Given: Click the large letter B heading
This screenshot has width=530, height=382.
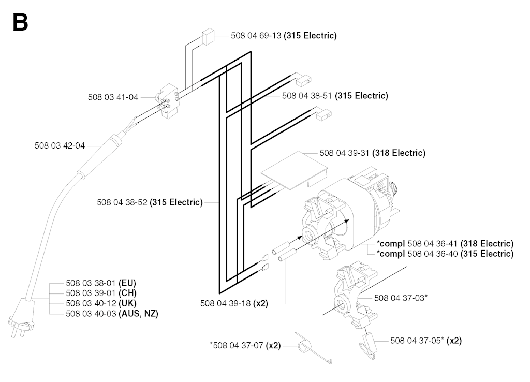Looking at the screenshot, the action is click(20, 22).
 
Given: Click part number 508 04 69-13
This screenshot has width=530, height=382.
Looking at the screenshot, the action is click(256, 36).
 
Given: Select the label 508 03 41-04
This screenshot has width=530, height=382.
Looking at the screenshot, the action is click(113, 97).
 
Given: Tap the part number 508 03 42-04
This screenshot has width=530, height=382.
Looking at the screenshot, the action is click(60, 145).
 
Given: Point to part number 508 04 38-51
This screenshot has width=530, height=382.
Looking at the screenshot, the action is click(307, 96).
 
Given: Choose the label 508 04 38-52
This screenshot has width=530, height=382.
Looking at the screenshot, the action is click(122, 202).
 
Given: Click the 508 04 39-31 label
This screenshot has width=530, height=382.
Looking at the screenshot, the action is click(344, 153).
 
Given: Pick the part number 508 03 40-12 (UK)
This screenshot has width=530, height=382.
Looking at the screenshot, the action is click(101, 303).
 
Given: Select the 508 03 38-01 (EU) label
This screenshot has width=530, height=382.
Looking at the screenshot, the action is click(101, 283).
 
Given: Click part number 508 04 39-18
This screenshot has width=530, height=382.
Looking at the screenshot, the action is click(226, 303).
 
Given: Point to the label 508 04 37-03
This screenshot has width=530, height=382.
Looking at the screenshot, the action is click(399, 298).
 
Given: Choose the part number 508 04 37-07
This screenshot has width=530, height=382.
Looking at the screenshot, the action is click(238, 345).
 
